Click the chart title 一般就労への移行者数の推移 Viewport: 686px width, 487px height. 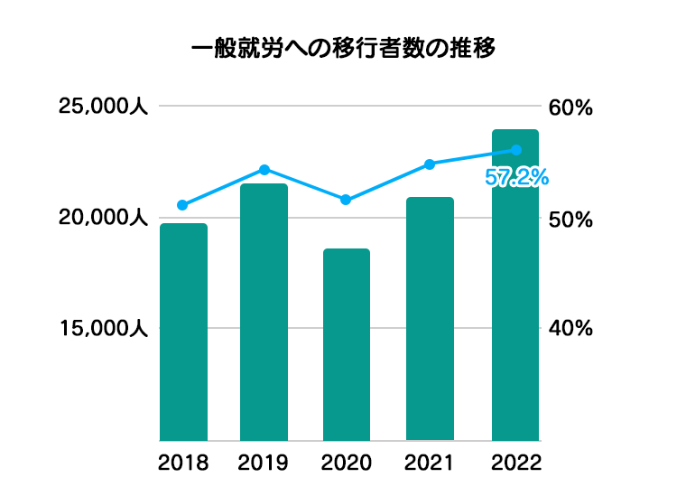pyautogui.click(x=344, y=48)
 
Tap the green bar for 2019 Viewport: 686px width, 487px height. pyautogui.click(x=264, y=312)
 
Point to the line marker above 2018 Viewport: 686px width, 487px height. pyautogui.click(x=182, y=205)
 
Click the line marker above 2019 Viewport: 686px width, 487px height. pyautogui.click(x=264, y=170)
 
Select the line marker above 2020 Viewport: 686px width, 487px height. pyautogui.click(x=347, y=200)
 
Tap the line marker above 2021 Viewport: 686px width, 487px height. pyautogui.click(x=430, y=164)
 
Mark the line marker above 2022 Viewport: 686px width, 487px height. pyautogui.click(x=516, y=150)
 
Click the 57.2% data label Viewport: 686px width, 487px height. pyautogui.click(x=516, y=178)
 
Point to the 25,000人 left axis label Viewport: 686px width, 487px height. pyautogui.click(x=103, y=107)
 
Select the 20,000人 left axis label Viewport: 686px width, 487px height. pyautogui.click(x=103, y=218)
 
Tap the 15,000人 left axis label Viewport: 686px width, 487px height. pyautogui.click(x=103, y=329)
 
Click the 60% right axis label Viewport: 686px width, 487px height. pyautogui.click(x=570, y=108)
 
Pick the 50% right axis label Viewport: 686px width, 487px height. pyautogui.click(x=570, y=220)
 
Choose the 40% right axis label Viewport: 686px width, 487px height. pyautogui.click(x=570, y=329)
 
